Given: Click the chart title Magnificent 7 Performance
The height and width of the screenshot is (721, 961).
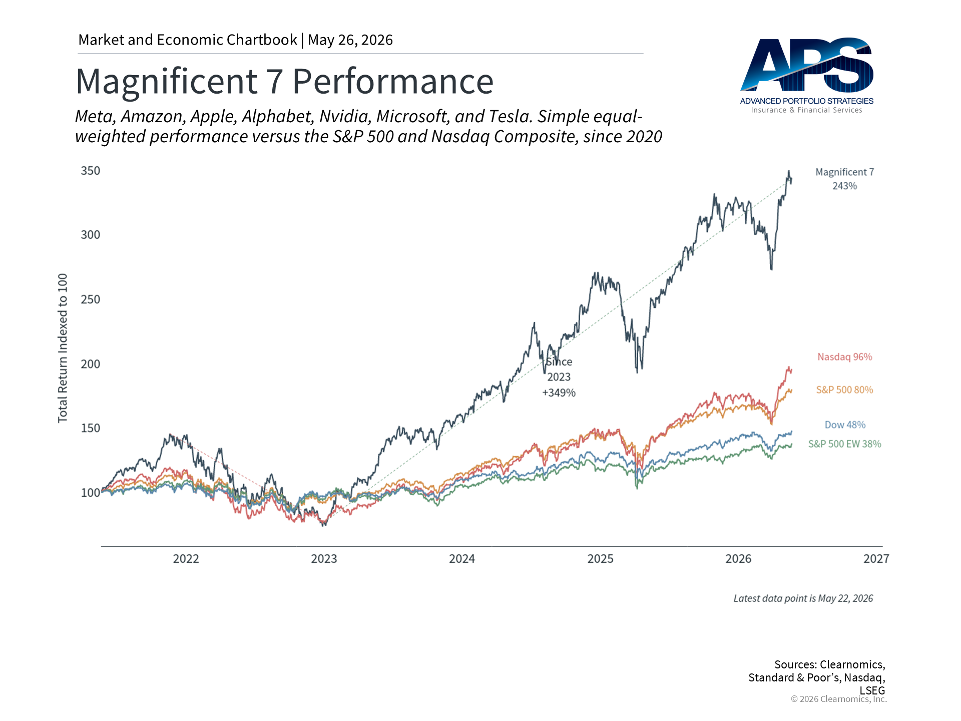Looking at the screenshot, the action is click(284, 81).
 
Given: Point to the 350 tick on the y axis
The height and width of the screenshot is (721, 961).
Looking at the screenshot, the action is click(91, 171).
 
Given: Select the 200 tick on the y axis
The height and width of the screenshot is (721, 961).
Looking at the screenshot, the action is click(91, 364).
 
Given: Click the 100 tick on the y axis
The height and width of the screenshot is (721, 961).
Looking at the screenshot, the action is click(91, 493).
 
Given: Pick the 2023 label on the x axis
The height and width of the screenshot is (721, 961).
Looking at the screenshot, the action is click(324, 559).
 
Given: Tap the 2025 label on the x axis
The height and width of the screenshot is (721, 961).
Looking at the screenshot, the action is click(600, 559).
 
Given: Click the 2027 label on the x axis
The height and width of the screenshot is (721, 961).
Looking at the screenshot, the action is click(876, 559).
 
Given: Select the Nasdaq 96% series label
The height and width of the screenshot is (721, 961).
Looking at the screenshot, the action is click(845, 357).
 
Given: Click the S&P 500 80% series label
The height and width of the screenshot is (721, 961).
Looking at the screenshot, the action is click(845, 390).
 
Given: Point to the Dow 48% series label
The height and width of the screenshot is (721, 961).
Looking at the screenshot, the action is click(845, 425).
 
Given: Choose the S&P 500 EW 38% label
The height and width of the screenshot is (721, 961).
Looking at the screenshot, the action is click(845, 444).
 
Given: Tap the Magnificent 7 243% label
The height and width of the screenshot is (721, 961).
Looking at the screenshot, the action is click(845, 179).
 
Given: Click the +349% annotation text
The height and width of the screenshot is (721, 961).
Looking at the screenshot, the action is click(559, 393).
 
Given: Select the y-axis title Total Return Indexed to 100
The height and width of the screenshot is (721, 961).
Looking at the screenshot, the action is click(63, 348).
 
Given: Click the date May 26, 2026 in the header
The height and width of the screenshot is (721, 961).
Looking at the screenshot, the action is click(350, 40).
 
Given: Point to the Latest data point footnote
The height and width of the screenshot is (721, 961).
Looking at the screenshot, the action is click(803, 598).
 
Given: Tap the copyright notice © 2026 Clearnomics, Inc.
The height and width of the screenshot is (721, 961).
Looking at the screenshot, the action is click(839, 699).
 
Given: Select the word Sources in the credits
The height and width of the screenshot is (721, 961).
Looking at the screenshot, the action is click(796, 664).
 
